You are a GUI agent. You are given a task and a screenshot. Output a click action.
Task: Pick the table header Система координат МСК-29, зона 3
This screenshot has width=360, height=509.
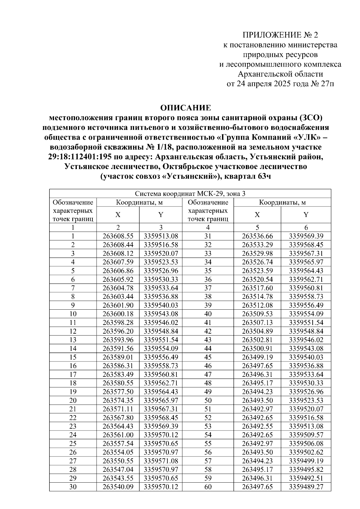coord(190,194)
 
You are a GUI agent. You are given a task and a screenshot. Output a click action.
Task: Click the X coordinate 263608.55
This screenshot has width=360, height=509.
coord(118,236)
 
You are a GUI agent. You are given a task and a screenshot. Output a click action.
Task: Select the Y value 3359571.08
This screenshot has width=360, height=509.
coord(161,461)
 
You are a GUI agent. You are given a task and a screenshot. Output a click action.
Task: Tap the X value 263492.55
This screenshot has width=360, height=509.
coord(257,426)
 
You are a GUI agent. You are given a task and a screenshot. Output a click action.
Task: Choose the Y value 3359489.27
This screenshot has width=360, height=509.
coord(306,487)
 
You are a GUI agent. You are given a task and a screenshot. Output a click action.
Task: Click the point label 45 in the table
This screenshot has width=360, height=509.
coord(208,357)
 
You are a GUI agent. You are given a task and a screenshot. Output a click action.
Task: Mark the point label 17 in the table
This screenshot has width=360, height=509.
coord(73,374)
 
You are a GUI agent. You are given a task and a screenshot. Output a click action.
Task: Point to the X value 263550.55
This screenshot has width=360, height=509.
coord(118,461)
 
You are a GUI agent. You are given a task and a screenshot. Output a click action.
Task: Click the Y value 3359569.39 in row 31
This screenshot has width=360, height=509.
coord(306,236)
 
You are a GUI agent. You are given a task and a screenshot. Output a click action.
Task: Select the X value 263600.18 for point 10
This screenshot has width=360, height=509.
coord(118,314)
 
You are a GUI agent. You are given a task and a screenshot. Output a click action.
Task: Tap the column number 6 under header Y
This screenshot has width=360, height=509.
coord(306,227)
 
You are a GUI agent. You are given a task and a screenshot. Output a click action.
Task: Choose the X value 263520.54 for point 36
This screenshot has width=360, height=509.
coord(257,279)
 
